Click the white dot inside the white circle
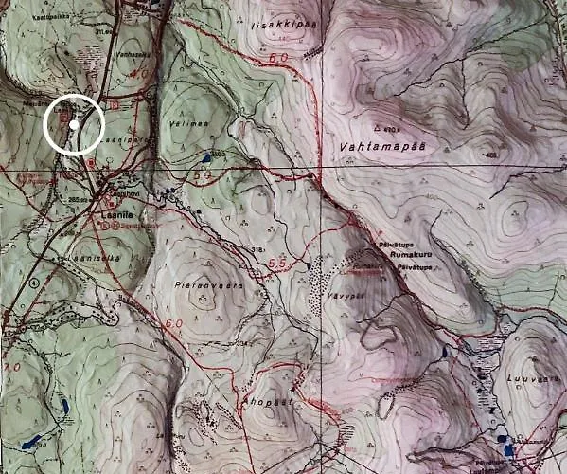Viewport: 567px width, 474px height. (x=73, y=124)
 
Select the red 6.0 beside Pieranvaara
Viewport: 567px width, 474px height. (x=173, y=324)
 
